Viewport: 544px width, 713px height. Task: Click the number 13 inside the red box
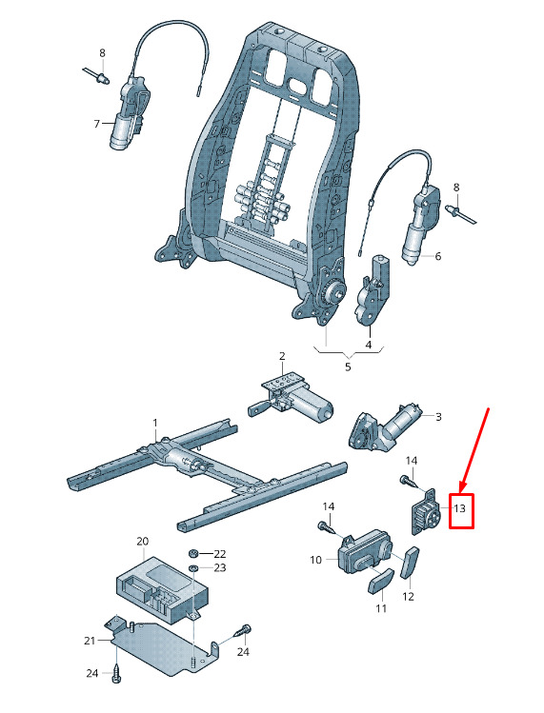point(460,508)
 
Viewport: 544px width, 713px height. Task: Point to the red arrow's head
point(462,487)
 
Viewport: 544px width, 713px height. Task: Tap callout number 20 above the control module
point(143,541)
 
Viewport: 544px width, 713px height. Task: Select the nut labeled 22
point(192,554)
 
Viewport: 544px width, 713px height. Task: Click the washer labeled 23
point(192,567)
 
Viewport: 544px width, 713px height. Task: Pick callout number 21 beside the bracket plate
point(90,641)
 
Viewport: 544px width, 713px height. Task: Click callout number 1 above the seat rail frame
point(154,423)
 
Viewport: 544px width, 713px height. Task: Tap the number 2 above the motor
point(282,356)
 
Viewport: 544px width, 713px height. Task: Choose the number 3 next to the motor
point(438,417)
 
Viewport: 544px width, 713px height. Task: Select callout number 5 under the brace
point(348,366)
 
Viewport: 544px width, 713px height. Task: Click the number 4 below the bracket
point(369,345)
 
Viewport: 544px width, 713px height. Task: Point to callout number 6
point(438,256)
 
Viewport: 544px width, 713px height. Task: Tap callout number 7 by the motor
point(96,124)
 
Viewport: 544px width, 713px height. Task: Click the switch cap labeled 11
point(381,581)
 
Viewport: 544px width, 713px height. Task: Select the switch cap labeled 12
point(410,563)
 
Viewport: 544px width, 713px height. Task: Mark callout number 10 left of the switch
point(315,560)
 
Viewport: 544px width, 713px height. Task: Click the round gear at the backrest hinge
point(335,290)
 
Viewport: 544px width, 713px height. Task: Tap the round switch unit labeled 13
point(423,512)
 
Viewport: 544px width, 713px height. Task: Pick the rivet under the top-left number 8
point(96,75)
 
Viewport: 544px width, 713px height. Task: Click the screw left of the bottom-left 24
point(115,673)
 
